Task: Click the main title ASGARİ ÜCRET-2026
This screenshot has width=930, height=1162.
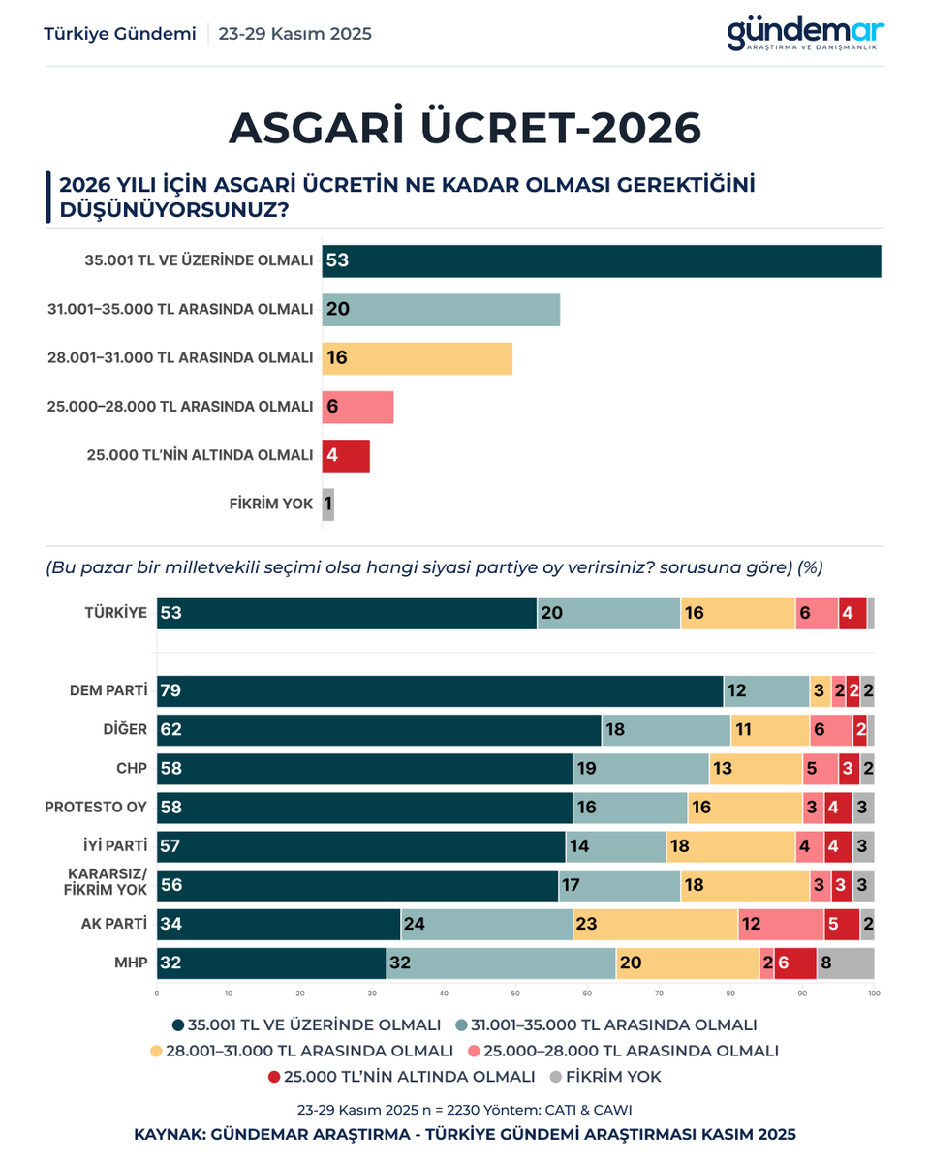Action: (465, 128)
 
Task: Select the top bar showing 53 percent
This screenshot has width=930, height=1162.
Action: (601, 261)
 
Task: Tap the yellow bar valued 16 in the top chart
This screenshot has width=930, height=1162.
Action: (417, 358)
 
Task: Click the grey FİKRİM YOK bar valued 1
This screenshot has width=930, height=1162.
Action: (328, 505)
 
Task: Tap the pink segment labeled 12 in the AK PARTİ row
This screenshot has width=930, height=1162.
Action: (781, 925)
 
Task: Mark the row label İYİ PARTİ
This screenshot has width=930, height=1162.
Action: (114, 846)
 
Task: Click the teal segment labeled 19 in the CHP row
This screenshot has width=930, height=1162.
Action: (640, 769)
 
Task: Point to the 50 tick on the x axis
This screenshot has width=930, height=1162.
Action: (515, 993)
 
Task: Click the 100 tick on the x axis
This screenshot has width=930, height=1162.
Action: (873, 993)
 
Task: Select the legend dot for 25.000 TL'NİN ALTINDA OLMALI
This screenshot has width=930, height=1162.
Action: (274, 1077)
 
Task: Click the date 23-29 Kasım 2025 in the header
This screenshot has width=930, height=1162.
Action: (294, 34)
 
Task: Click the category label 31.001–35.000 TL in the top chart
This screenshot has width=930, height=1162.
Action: (180, 310)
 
